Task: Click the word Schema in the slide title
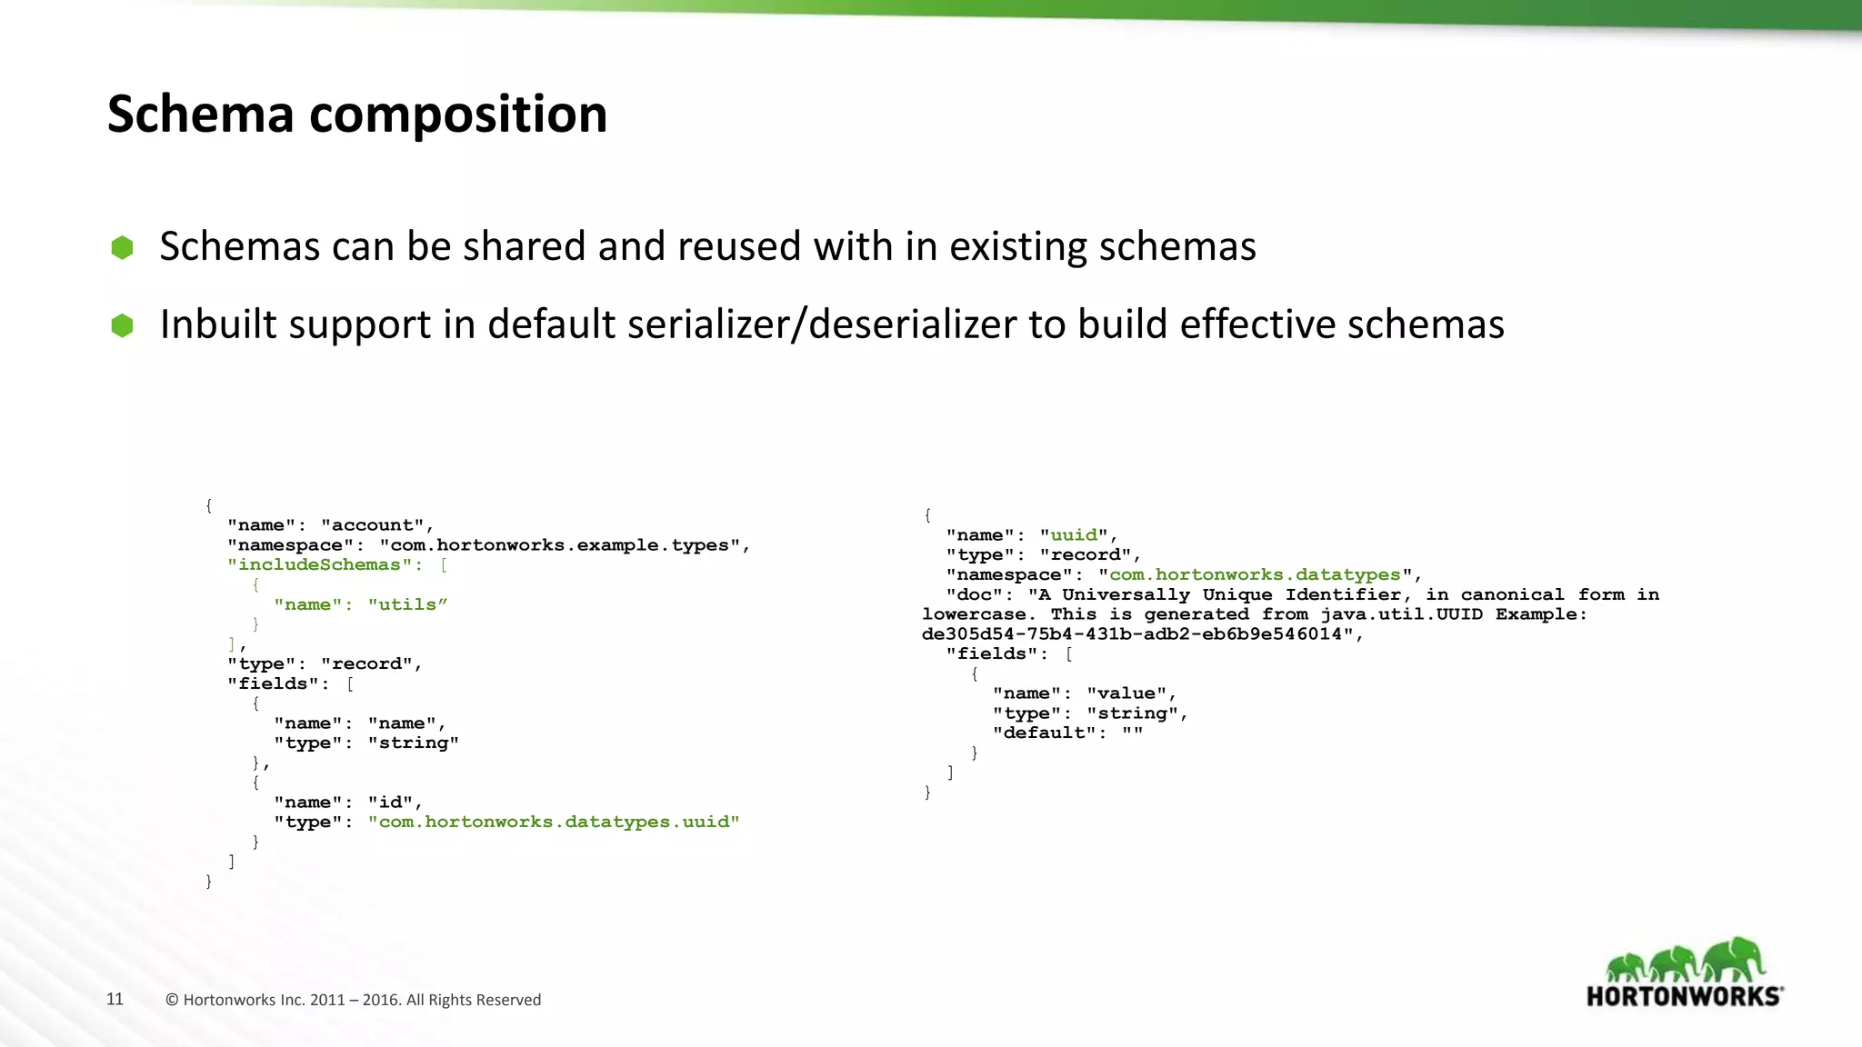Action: (201, 115)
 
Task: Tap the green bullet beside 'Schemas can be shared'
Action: (122, 247)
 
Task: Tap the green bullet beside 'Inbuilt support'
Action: (122, 325)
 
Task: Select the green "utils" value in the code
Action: (407, 604)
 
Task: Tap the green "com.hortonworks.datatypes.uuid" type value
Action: (554, 822)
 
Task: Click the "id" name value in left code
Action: (390, 802)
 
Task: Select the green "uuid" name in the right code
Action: (1074, 535)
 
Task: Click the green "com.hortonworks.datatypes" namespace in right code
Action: (1255, 574)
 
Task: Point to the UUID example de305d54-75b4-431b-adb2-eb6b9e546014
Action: (1132, 634)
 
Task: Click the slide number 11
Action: (115, 999)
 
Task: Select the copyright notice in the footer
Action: (353, 1000)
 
